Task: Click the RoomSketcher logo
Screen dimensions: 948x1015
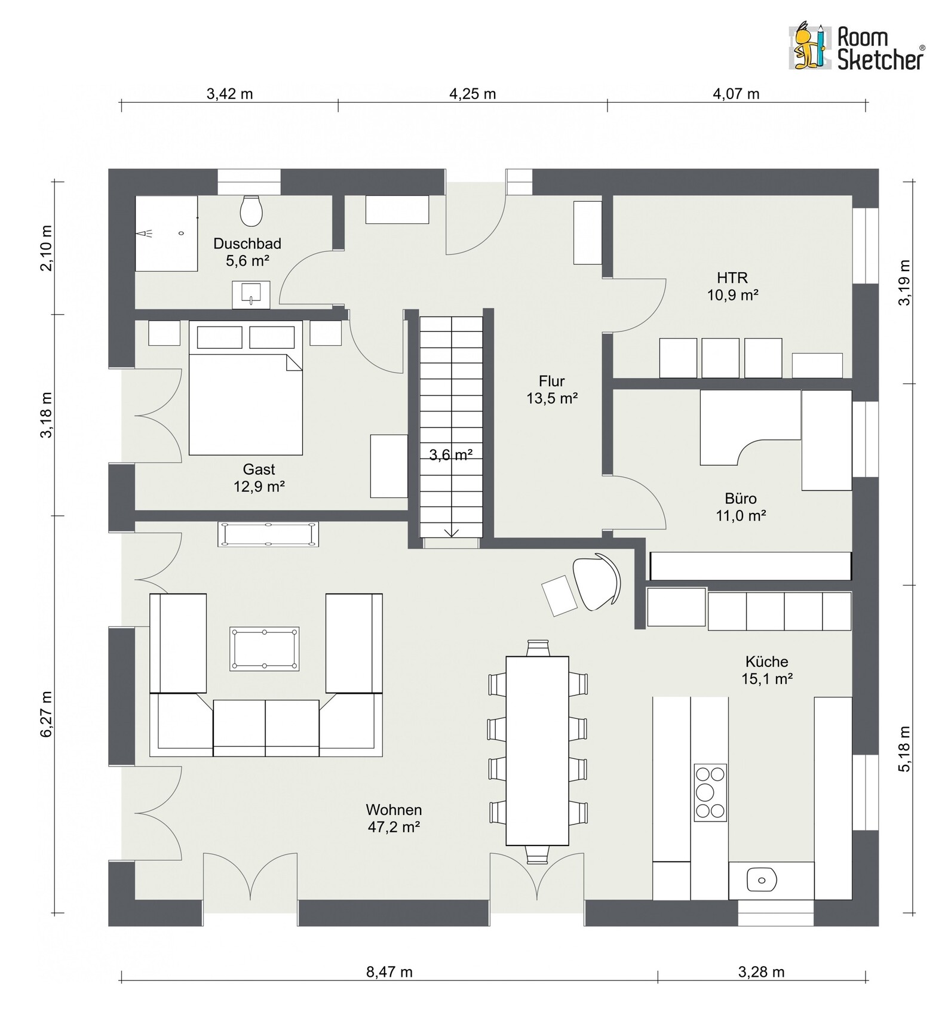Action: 857,47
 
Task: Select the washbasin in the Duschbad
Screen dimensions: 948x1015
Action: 251,294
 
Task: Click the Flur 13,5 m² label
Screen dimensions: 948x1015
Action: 552,389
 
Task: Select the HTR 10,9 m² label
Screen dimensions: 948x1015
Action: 733,286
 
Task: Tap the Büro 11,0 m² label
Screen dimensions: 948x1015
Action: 741,507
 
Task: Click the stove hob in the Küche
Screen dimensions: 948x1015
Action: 710,792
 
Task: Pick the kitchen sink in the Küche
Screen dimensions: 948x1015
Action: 760,879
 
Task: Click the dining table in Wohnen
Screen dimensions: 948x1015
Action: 537,751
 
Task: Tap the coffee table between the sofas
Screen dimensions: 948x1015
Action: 264,648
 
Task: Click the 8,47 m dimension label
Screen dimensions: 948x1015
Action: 389,972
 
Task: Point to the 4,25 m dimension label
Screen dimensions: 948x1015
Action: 473,94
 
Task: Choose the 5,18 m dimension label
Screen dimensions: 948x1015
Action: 905,749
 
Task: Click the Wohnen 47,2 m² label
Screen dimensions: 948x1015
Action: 394,818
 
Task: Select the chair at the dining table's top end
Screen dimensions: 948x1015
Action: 537,648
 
